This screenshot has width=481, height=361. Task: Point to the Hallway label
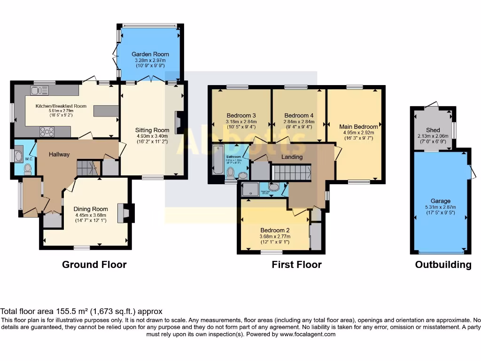click(x=59, y=154)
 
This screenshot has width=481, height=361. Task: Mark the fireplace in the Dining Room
click(x=124, y=212)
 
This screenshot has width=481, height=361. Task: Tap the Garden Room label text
click(x=150, y=54)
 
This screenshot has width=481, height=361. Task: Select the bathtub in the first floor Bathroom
click(x=218, y=160)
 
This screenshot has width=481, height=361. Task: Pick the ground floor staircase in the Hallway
click(x=87, y=168)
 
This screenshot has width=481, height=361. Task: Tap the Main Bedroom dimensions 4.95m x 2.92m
click(x=358, y=133)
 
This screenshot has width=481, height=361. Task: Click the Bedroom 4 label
click(x=299, y=116)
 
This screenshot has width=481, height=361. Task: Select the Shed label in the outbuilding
click(x=433, y=130)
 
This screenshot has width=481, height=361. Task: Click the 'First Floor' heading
click(x=296, y=265)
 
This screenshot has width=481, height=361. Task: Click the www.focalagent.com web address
click(x=308, y=334)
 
